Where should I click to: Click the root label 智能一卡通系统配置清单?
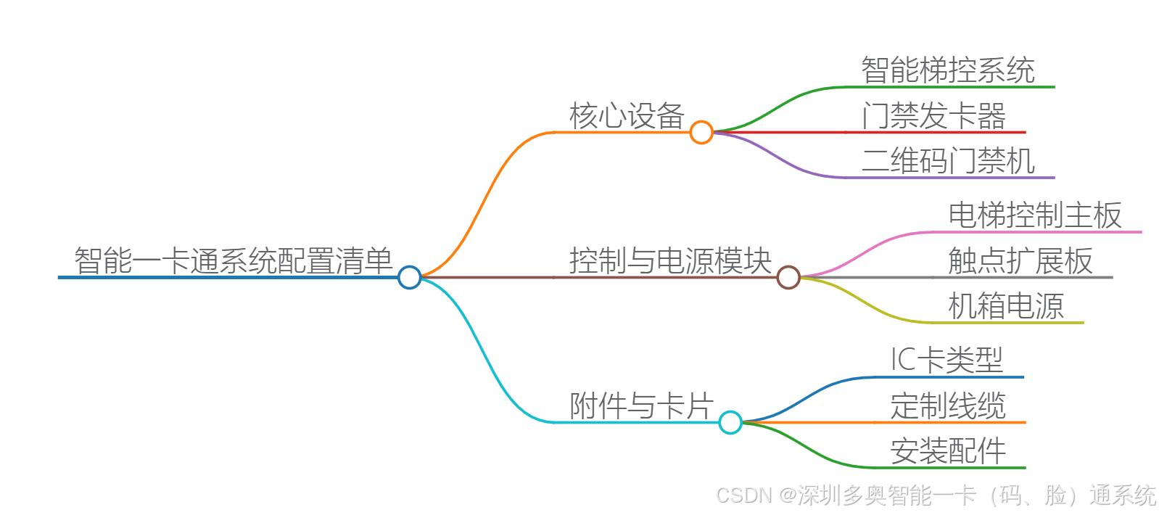[x=233, y=261]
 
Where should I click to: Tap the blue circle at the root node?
[x=410, y=277]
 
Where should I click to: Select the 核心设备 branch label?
[x=627, y=116]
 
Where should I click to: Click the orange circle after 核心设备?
[x=701, y=132]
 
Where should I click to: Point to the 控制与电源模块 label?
[x=670, y=261]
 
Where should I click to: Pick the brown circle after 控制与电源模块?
[x=788, y=277]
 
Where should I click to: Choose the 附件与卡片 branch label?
[x=641, y=406]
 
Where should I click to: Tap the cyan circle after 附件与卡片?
[x=730, y=422]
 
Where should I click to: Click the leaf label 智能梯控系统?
[x=947, y=70]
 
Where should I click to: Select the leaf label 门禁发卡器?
[x=933, y=116]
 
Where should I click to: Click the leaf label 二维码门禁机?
[x=947, y=161]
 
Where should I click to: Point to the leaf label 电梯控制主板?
[x=1034, y=215]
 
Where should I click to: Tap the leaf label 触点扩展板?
[x=1020, y=261]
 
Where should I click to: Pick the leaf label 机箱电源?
[x=1005, y=306]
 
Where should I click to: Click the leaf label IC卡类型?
[x=946, y=360]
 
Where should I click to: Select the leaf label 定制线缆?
[x=947, y=406]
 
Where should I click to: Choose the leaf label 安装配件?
[x=947, y=451]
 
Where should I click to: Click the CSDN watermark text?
[x=936, y=495]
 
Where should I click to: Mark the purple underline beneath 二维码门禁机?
[x=950, y=177]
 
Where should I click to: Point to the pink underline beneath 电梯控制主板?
[x=1037, y=232]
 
